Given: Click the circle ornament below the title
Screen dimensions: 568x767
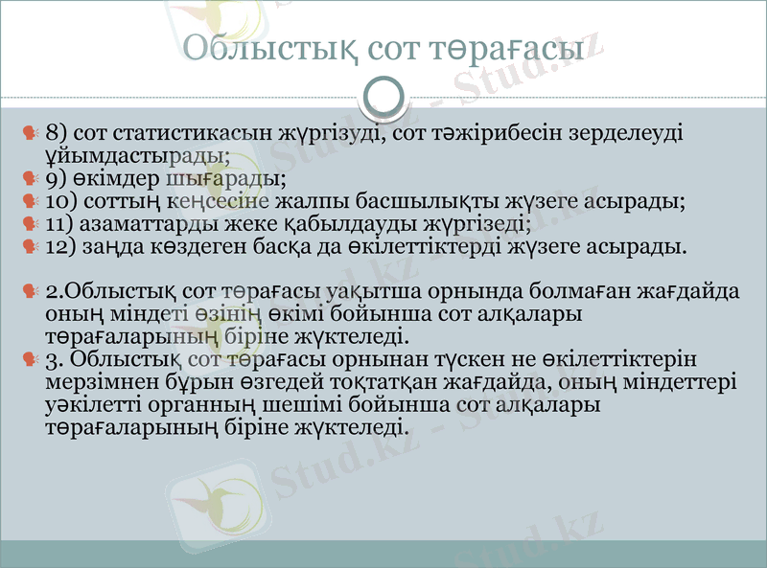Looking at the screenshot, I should click(383, 96).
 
